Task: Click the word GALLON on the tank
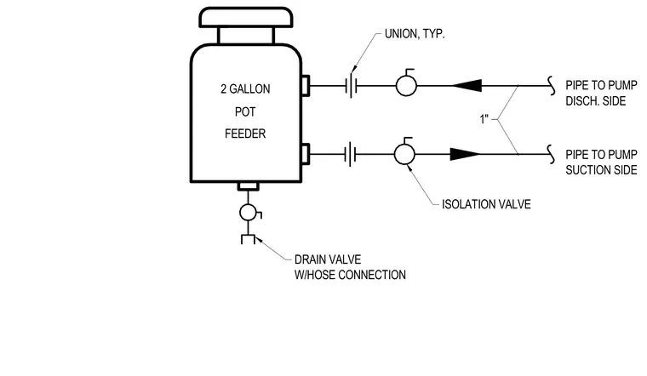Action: [249, 89]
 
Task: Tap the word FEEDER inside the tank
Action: [245, 134]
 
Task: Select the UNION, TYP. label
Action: [415, 34]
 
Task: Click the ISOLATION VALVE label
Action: [486, 204]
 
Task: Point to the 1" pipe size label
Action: [484, 119]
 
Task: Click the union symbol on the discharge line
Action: [351, 86]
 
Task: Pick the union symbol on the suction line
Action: [351, 154]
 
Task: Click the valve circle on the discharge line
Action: [406, 85]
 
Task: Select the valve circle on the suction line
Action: [404, 154]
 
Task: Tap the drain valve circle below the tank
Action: [248, 213]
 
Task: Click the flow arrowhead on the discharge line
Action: [467, 85]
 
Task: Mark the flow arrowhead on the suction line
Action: [465, 154]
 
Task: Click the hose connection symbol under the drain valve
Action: [248, 239]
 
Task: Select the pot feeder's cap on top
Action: [246, 17]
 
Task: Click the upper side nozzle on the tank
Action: [306, 86]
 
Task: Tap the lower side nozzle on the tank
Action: [306, 154]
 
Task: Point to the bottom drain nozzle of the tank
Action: [249, 187]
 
